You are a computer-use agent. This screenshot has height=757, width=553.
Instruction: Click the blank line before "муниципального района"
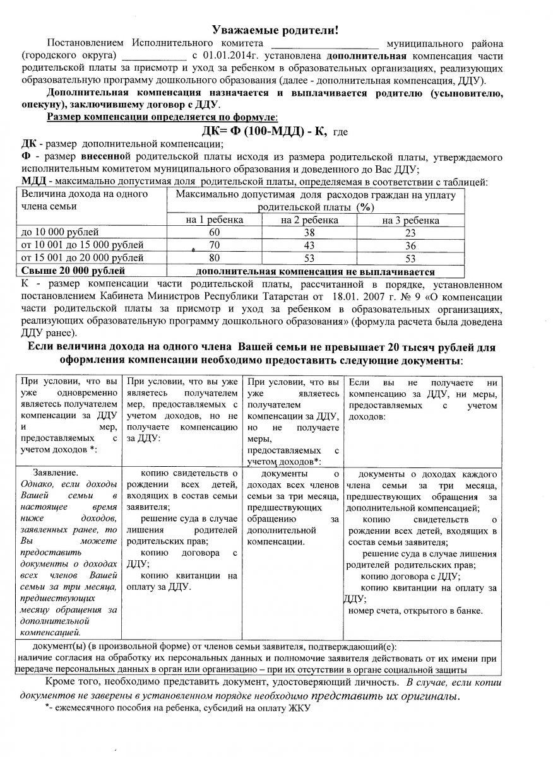pyautogui.click(x=324, y=44)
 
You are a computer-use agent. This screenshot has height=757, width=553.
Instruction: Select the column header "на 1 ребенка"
pyautogui.click(x=215, y=220)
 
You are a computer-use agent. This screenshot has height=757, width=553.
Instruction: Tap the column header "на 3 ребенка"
pyautogui.click(x=410, y=220)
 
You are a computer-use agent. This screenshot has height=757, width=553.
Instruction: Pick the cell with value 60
pyautogui.click(x=215, y=232)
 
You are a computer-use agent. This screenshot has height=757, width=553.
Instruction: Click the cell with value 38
pyautogui.click(x=309, y=232)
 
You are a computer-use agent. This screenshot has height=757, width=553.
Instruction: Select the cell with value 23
pyautogui.click(x=410, y=232)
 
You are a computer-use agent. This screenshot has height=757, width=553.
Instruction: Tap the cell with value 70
pyautogui.click(x=215, y=245)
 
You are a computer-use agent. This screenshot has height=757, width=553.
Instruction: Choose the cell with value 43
pyautogui.click(x=309, y=245)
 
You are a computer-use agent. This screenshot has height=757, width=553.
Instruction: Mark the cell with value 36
pyautogui.click(x=410, y=245)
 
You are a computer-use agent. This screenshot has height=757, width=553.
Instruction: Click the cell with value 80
pyautogui.click(x=215, y=257)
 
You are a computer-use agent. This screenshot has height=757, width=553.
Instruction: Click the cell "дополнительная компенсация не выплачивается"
pyautogui.click(x=315, y=272)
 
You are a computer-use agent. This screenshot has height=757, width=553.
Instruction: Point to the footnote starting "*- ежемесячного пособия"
pyautogui.click(x=179, y=708)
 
